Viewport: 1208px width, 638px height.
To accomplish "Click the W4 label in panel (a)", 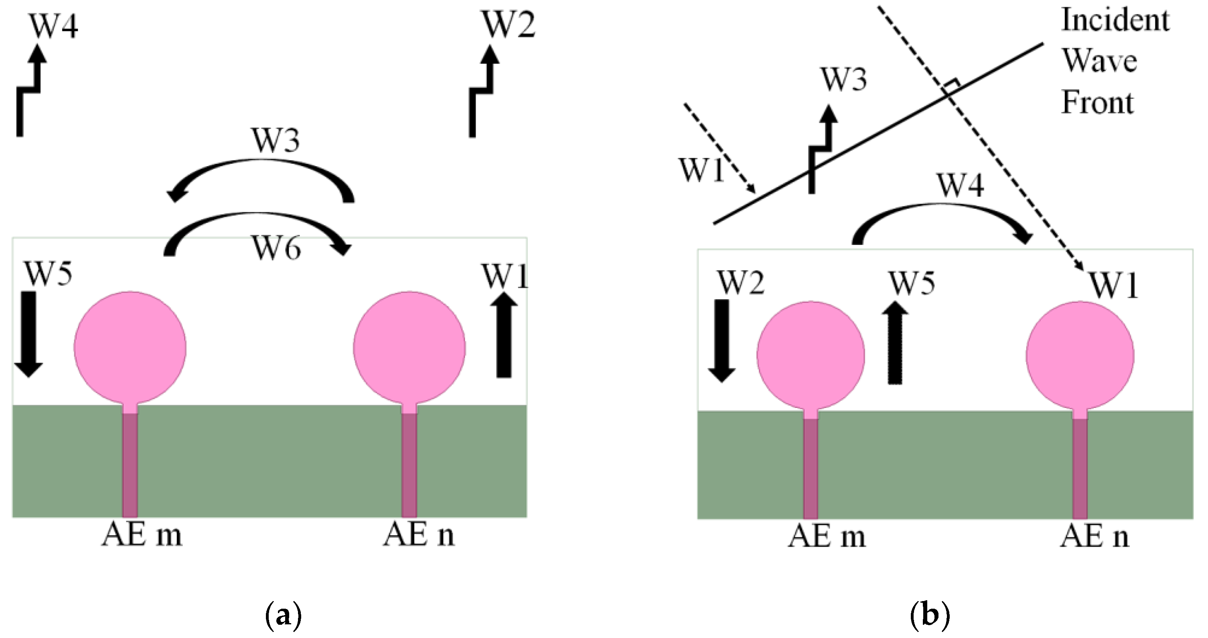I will [54, 26].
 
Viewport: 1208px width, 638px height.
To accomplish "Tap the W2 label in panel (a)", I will [508, 24].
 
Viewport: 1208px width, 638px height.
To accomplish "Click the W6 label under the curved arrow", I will [277, 248].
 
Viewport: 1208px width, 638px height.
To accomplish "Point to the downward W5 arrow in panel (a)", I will [28, 334].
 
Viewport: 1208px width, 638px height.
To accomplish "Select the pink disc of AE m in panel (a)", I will [130, 347].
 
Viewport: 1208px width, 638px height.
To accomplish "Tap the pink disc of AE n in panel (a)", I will [409, 347].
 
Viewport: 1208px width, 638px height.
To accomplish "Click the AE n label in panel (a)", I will [419, 535].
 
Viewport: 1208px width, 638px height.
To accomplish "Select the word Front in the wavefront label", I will [1097, 103].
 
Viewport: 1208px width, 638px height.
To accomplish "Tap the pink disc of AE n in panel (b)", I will [1080, 355].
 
